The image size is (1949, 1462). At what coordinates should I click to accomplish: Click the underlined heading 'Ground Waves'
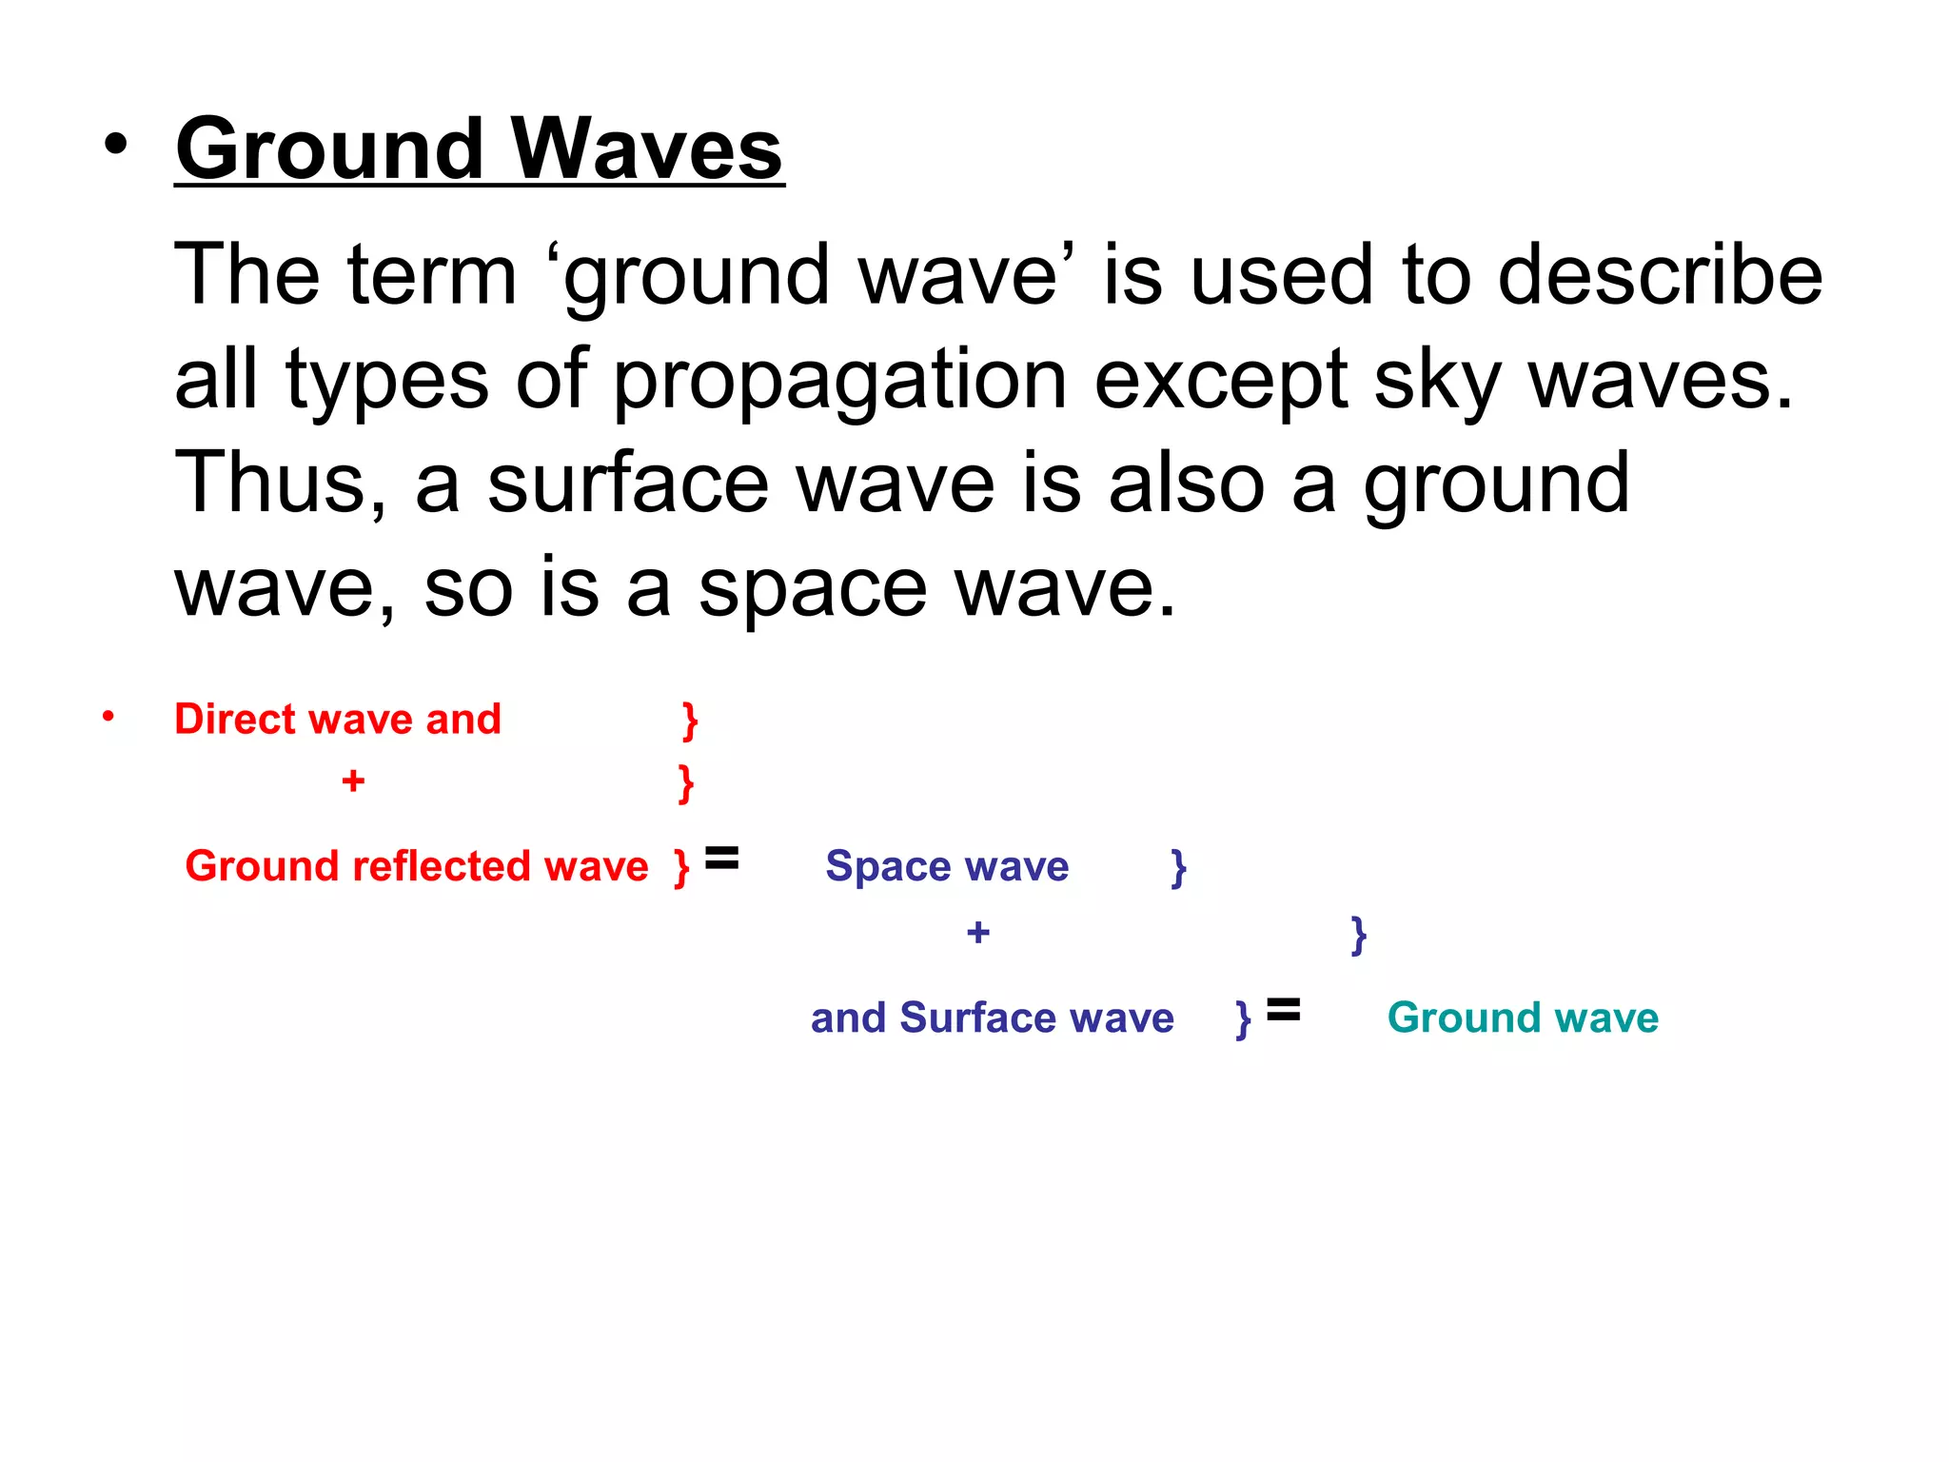[479, 149]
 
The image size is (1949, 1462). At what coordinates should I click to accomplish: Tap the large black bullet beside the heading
[115, 145]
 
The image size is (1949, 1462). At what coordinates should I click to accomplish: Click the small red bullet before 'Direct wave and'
[108, 716]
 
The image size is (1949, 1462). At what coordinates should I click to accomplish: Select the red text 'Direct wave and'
[337, 720]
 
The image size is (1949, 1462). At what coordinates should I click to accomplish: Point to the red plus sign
[353, 781]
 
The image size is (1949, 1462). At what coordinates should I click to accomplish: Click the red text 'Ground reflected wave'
[416, 866]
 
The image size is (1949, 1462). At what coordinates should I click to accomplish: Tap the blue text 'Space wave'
[947, 866]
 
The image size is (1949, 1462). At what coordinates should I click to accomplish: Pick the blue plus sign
[977, 933]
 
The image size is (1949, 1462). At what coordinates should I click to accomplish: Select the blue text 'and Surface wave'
[992, 1017]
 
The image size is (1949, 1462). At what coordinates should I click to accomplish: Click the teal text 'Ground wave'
[1523, 1017]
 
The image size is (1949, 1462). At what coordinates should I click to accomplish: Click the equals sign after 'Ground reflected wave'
[721, 859]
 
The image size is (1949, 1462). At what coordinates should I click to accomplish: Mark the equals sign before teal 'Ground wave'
[1283, 1010]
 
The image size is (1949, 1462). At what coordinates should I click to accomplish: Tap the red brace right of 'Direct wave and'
[690, 721]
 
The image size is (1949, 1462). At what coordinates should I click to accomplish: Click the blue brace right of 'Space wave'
[1178, 868]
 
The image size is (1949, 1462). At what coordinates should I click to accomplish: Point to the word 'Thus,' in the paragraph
[281, 484]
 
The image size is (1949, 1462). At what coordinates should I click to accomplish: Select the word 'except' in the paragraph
[1221, 381]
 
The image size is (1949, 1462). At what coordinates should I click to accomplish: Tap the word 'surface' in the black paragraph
[628, 484]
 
